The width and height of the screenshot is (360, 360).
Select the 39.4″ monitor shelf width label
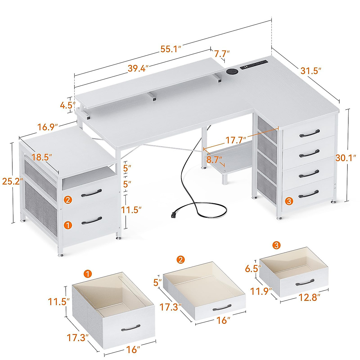tap(138, 68)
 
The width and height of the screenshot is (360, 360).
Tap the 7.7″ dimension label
tap(222, 54)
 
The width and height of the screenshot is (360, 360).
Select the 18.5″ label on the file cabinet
tap(42, 157)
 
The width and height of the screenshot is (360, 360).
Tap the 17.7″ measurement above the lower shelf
tap(236, 140)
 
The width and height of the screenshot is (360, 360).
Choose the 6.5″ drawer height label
tap(251, 268)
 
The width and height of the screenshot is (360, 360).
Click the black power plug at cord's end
tap(173, 215)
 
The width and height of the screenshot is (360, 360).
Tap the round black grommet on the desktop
tap(231, 71)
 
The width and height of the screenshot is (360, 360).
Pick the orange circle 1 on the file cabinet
tap(68, 225)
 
